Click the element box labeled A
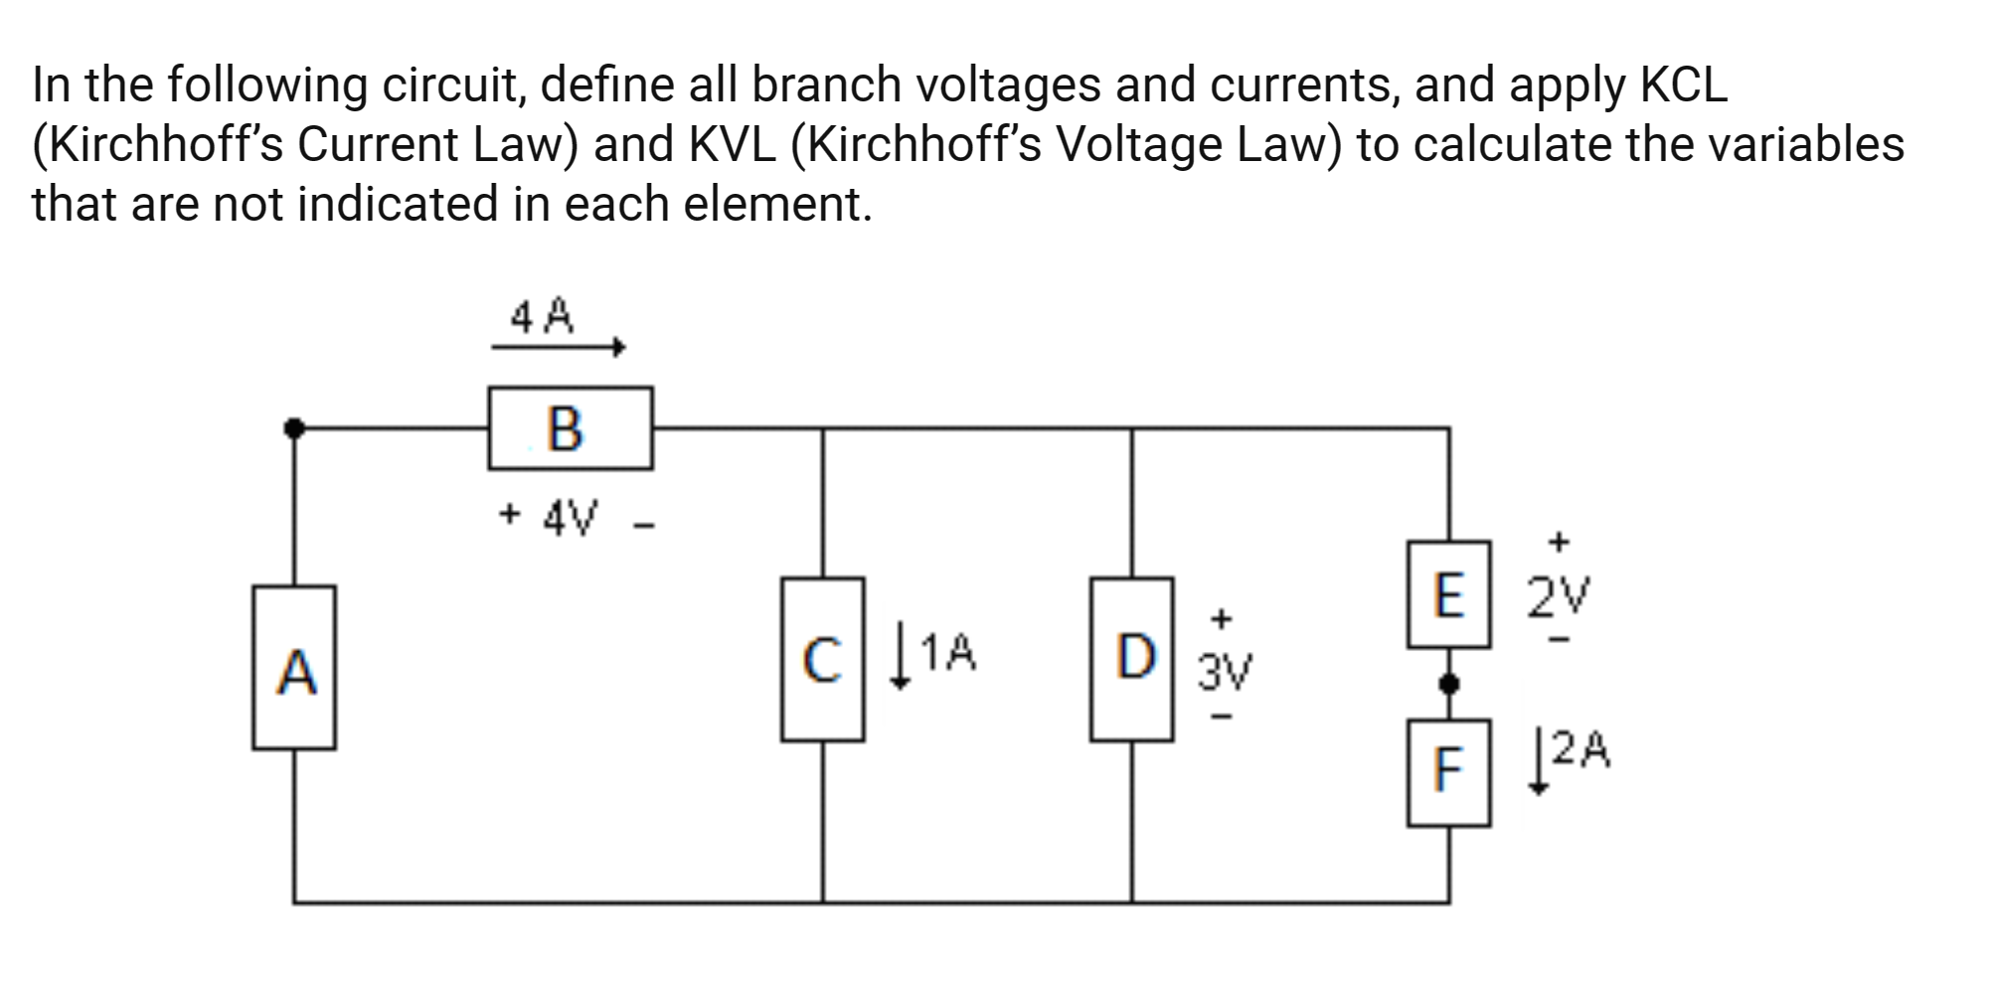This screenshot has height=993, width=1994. (x=294, y=667)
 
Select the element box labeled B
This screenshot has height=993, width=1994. (x=570, y=428)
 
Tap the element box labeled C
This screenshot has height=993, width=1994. (x=822, y=659)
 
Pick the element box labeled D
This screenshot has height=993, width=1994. (x=1131, y=659)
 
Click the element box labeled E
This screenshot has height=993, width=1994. (x=1448, y=594)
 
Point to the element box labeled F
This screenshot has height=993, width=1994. (x=1448, y=772)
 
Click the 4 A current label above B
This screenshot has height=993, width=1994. (x=542, y=317)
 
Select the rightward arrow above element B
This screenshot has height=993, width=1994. (x=558, y=347)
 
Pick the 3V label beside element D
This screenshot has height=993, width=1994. (x=1225, y=673)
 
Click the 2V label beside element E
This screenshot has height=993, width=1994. (x=1558, y=595)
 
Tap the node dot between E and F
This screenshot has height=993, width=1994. (x=1448, y=684)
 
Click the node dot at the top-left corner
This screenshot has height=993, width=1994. (x=294, y=428)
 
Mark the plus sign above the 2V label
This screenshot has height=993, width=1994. (x=1559, y=542)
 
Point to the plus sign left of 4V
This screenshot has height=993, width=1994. (x=509, y=515)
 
